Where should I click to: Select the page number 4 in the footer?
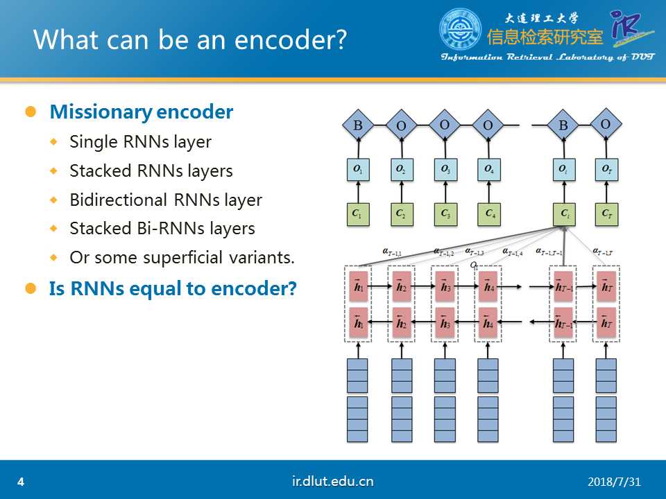coord(21,482)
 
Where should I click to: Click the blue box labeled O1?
coord(358,169)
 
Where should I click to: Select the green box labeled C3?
coord(445,214)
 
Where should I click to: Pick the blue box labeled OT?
coord(606,169)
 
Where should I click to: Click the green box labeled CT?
coord(606,214)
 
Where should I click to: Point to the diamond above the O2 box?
coord(402,126)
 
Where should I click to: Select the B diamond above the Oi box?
coord(563,126)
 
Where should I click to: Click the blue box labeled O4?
coord(488,169)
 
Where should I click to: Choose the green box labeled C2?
coord(401,214)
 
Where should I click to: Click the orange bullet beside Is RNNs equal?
coord(30,288)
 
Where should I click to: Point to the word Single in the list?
coord(89,142)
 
